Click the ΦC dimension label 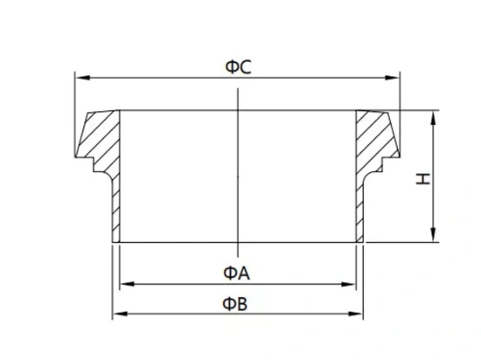coord(238,67)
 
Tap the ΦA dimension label coord(236,273)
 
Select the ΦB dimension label coord(234,304)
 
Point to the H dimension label coord(423,178)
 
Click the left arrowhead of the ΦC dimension coord(82,78)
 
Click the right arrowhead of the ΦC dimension coord(392,78)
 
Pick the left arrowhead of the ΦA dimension coord(127,284)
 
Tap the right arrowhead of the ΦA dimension coord(348,284)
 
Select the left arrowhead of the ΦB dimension coord(120,314)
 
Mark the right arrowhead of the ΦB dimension coord(356,314)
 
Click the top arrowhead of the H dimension coord(433,118)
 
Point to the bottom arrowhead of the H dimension coord(433,235)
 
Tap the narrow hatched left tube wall coord(115,211)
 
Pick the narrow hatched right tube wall coord(359,211)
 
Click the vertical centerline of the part coord(238,172)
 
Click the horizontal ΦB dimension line coord(238,314)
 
